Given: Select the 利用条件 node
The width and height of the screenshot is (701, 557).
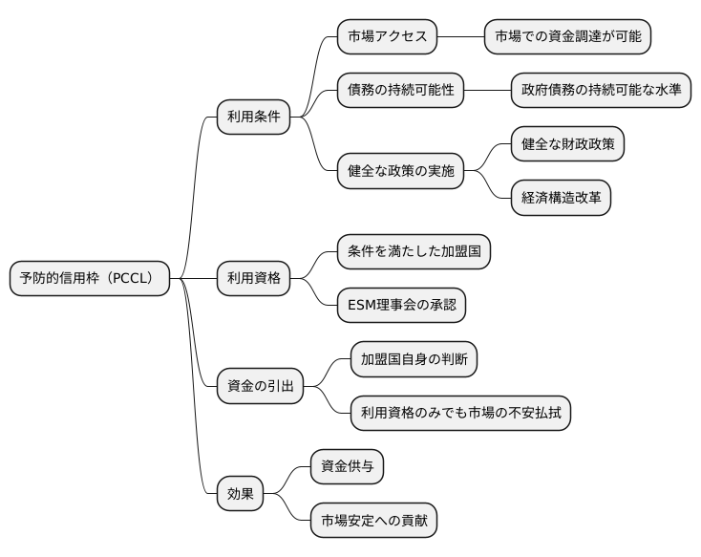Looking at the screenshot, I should coord(253,118).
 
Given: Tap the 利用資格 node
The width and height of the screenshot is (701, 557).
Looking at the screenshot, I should coord(253,279).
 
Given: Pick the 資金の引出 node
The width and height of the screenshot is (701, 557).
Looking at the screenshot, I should coord(260,386).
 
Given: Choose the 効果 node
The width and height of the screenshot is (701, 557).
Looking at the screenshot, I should coord(240,494).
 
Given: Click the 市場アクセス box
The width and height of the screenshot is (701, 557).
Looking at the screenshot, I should coord(387,37).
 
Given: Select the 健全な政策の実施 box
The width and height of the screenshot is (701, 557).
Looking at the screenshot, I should coord(400,171).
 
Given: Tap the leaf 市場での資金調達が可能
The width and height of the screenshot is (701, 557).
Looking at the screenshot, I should coord(567,37).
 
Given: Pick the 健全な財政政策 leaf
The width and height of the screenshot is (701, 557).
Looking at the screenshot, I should coord(567,144).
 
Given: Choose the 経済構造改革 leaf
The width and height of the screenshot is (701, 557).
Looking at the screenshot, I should coord(561,198).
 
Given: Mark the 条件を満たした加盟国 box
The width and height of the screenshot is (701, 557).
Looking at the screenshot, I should coord(414,252).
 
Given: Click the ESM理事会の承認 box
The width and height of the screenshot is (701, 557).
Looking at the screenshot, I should coord(407,306).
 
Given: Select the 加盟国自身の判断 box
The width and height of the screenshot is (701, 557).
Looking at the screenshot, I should coord(414,359).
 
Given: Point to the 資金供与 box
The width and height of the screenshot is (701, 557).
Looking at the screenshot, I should coord(347,467).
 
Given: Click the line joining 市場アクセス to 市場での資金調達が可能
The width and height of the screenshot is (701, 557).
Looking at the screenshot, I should coord(460,37).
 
